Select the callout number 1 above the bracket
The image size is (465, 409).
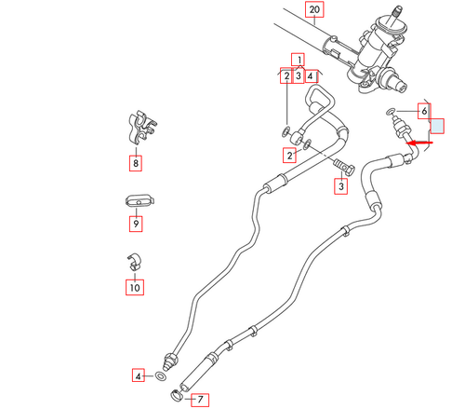299,59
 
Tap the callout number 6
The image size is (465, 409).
423,111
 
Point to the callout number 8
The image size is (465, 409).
136,164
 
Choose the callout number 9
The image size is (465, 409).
136,224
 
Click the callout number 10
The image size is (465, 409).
136,288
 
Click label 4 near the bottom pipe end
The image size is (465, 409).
139,376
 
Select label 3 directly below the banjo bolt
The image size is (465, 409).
340,187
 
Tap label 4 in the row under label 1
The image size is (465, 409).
311,76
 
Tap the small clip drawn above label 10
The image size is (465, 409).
134,263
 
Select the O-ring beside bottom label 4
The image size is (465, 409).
161,377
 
